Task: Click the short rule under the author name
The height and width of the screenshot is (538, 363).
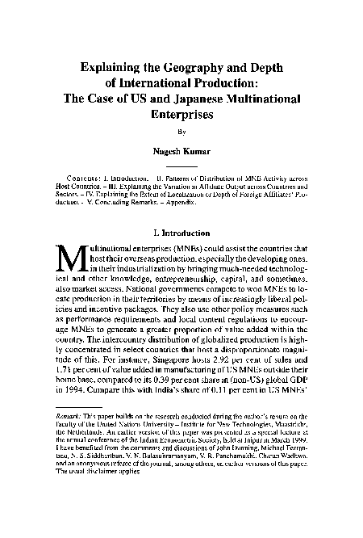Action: point(181,165)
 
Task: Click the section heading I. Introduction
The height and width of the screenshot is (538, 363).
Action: point(181,231)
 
